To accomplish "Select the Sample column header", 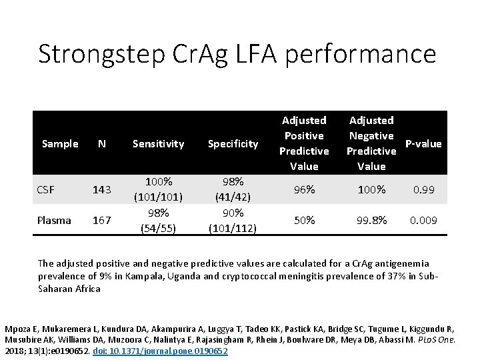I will [60, 143].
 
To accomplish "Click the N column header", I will [102, 143].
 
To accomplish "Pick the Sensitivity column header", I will [159, 143].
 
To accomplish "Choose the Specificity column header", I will [233, 143].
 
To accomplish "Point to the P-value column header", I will [423, 143].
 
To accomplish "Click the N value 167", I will [102, 221].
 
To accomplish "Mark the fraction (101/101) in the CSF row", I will [159, 197].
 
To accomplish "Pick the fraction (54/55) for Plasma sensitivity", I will [159, 228].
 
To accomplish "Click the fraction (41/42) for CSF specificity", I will [233, 197].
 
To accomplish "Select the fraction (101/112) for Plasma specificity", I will [233, 228].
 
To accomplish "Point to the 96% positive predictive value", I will [305, 190].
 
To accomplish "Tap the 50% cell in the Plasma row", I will [305, 220].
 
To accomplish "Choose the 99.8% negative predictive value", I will [371, 220].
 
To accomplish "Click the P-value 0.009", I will [423, 220].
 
